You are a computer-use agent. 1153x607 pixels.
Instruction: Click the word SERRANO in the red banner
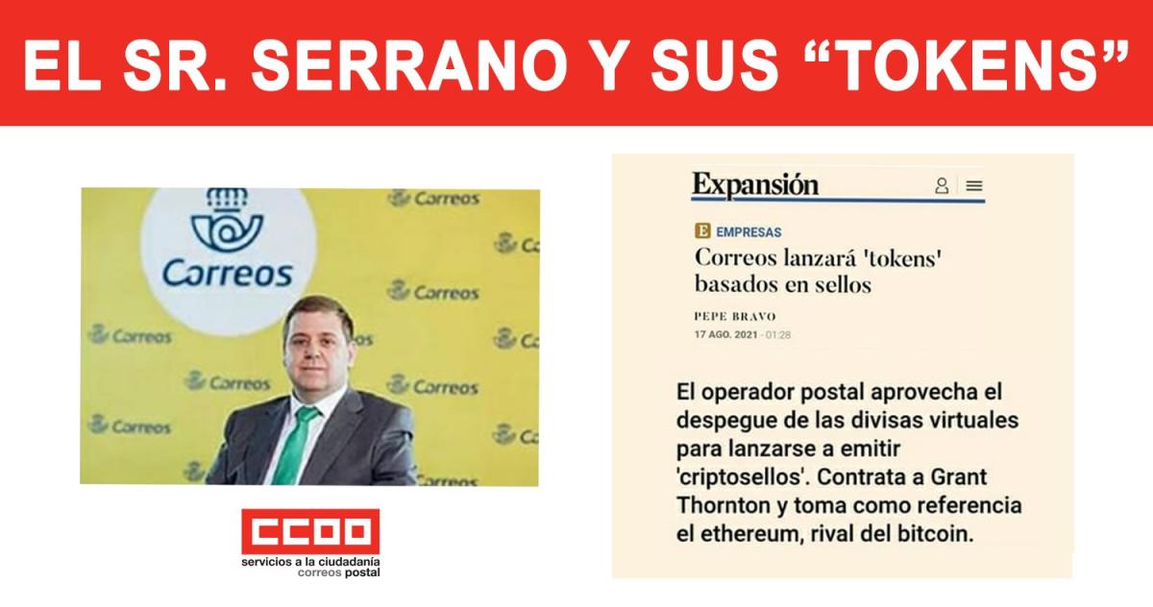(x=409, y=64)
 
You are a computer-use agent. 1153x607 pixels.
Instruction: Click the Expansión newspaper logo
(x=755, y=185)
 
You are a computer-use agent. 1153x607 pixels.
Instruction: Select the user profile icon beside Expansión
(x=942, y=185)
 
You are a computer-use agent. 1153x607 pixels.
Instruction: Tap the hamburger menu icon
(x=974, y=185)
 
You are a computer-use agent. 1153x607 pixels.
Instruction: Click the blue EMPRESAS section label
(x=748, y=232)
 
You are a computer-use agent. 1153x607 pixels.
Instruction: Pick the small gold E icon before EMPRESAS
(x=702, y=231)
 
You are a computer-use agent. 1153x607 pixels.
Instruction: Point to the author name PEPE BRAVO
(x=735, y=316)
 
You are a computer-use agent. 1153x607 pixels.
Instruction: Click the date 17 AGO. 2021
(x=725, y=335)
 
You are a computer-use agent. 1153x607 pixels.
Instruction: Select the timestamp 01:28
(x=778, y=335)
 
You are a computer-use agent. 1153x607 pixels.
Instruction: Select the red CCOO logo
(x=310, y=531)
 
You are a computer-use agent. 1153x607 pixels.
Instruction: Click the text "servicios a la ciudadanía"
(x=310, y=562)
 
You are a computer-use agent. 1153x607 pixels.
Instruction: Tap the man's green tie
(x=298, y=444)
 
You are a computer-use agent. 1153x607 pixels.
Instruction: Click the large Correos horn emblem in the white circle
(x=227, y=219)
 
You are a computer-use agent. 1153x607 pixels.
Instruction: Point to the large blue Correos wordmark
(x=228, y=274)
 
